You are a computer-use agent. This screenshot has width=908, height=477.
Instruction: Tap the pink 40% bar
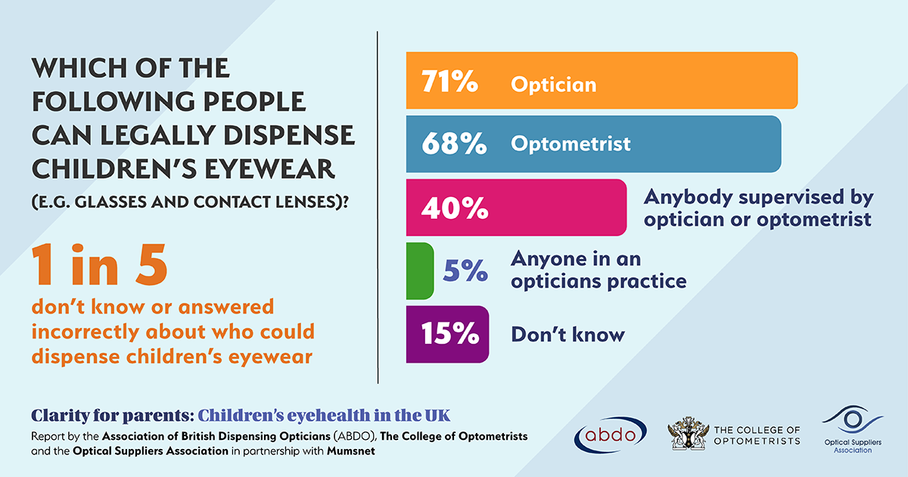(x=560, y=207)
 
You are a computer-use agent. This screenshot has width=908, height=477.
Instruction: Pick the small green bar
(x=419, y=270)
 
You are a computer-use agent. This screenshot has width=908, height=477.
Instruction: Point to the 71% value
(x=449, y=82)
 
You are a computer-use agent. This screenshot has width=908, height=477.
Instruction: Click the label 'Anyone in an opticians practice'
(x=598, y=270)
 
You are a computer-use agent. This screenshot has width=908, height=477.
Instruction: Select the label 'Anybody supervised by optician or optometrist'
(x=758, y=208)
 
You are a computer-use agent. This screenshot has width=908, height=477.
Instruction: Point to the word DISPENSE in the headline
(x=299, y=135)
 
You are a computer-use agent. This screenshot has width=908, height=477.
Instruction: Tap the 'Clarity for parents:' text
(x=111, y=416)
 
